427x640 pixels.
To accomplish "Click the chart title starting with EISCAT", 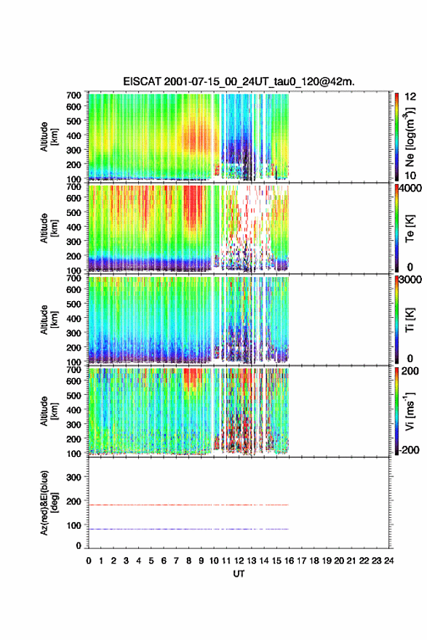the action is click(x=239, y=81).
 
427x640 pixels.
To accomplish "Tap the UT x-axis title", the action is click(x=239, y=574).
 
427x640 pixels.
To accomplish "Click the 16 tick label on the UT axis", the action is click(x=289, y=561).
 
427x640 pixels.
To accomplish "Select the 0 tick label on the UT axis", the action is click(x=89, y=561).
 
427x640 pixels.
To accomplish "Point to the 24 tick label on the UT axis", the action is click(x=388, y=561).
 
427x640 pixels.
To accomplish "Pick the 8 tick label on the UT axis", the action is click(x=188, y=561).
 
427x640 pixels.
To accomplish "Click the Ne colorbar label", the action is click(x=410, y=137).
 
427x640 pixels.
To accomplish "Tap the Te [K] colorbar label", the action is click(x=410, y=228).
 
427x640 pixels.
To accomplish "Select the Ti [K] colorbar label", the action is click(x=410, y=320).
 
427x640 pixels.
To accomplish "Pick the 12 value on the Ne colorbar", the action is click(x=410, y=96).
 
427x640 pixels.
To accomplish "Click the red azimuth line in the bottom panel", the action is click(x=188, y=505).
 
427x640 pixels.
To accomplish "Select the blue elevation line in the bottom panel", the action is click(x=188, y=529).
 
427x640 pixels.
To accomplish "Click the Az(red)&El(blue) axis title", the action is click(x=48, y=503).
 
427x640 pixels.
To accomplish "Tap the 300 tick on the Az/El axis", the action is click(x=74, y=477).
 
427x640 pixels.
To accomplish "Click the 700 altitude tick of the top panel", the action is click(x=74, y=95).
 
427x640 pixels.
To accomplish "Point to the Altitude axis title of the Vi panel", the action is click(x=48, y=411).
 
